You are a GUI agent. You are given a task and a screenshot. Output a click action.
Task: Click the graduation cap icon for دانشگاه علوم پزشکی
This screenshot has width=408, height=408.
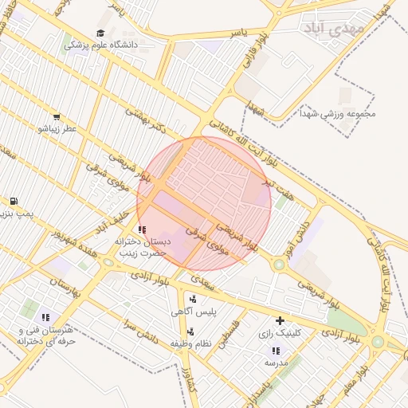(x=100, y=33)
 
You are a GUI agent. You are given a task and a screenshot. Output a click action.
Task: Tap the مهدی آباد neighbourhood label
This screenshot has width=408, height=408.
(x=333, y=28)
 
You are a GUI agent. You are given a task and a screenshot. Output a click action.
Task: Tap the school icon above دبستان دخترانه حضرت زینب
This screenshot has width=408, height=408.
(x=142, y=229)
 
